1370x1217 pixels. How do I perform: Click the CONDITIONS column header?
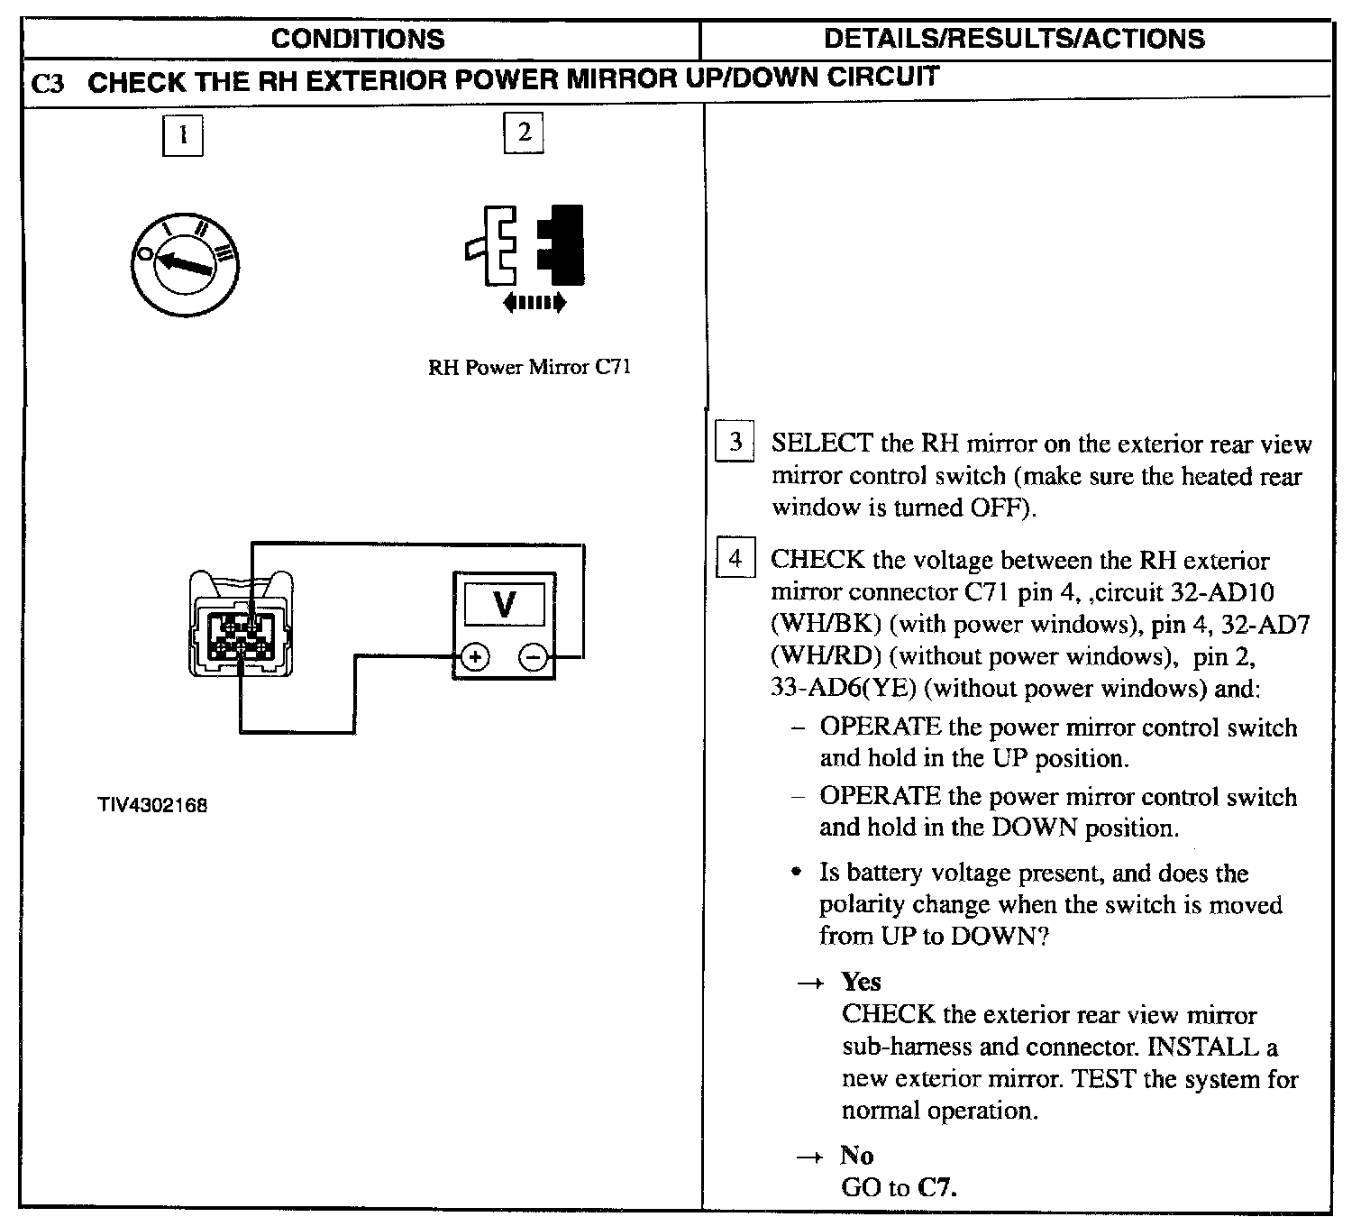pos(358,39)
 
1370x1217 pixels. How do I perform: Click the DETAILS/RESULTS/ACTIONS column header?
pos(1014,39)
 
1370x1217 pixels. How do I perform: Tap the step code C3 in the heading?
pos(48,84)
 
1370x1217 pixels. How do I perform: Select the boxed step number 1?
pos(183,135)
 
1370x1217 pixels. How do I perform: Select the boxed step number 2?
pos(524,133)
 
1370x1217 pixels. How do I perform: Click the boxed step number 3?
pos(735,442)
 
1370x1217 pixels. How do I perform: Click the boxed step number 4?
pos(735,559)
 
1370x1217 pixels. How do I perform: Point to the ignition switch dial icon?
pos(186,264)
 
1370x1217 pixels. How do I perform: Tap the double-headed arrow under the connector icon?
pos(534,304)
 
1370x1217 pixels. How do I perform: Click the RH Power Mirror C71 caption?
pos(529,368)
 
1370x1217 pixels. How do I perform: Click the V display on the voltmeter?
pos(505,604)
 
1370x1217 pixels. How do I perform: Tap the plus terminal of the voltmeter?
pos(475,658)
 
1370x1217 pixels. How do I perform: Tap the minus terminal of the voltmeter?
pos(533,658)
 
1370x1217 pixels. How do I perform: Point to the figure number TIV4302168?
pos(153,805)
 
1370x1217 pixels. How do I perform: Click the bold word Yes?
pos(861,982)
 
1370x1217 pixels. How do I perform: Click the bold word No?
pos(857,1156)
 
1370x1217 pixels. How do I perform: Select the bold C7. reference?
pos(936,1188)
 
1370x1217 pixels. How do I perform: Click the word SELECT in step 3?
pos(821,444)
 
